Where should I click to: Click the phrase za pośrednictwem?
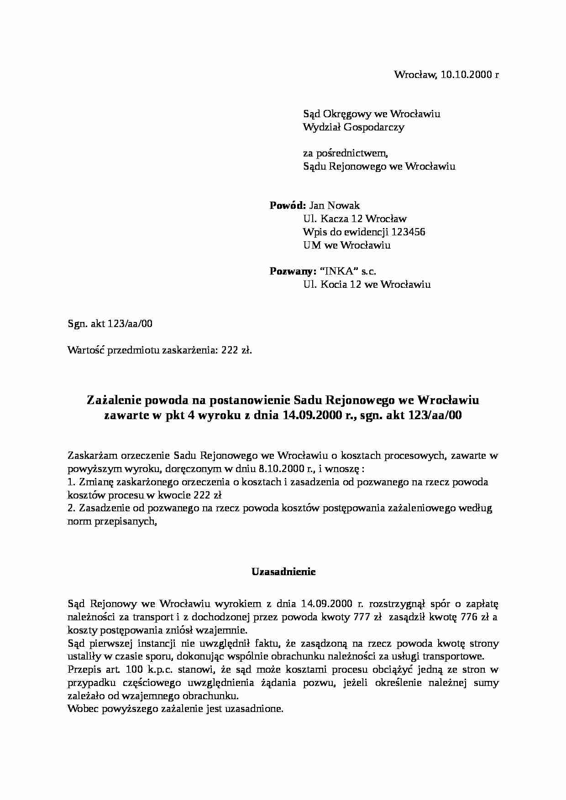(x=346, y=153)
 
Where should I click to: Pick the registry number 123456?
(x=408, y=232)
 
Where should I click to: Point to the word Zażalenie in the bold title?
(x=114, y=400)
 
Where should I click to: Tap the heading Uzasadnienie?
(x=283, y=571)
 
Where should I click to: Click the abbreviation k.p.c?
(x=159, y=670)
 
